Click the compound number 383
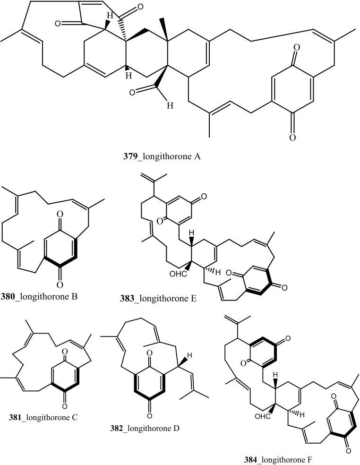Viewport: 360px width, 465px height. [128, 298]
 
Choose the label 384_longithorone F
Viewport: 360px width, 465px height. [290, 457]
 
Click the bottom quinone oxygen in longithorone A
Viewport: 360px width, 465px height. [292, 138]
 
